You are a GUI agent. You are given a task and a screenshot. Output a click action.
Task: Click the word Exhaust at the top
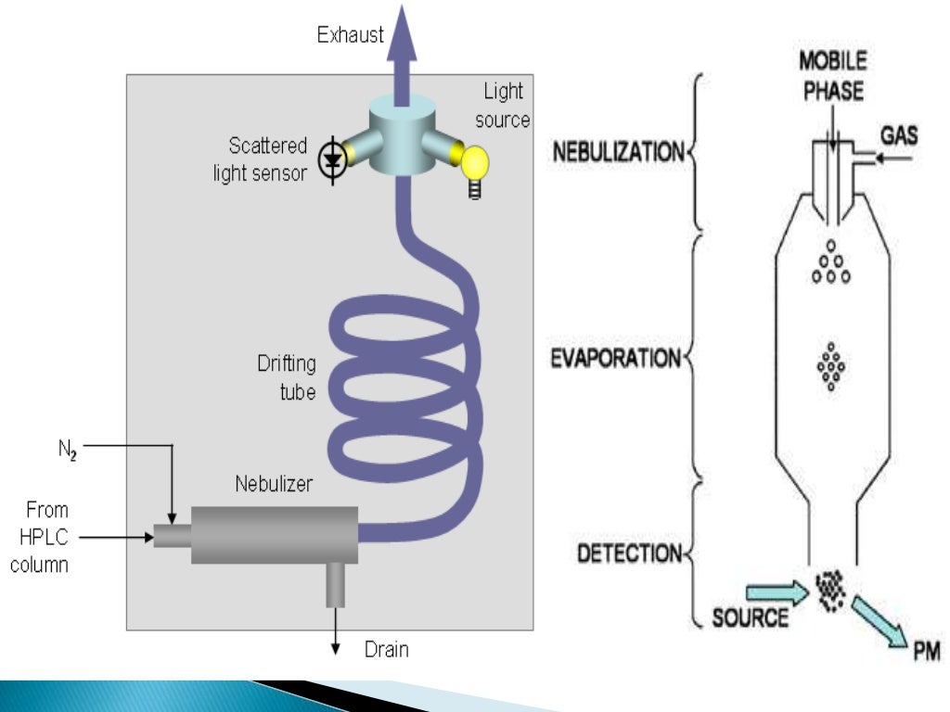click(x=350, y=36)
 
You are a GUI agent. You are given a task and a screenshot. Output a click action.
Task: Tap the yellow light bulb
click(x=475, y=165)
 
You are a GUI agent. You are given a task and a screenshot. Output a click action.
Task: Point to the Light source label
click(x=505, y=106)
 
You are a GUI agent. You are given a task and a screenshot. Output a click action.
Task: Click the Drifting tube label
click(x=286, y=377)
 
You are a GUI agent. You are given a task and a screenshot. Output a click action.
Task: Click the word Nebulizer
click(x=274, y=483)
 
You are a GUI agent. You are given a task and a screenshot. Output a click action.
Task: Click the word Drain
click(x=385, y=649)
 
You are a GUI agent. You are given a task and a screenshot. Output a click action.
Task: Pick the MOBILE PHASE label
click(x=833, y=77)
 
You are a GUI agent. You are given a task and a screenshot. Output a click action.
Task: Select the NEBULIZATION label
click(x=618, y=151)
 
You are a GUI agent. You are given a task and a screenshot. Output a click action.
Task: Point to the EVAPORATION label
click(x=617, y=358)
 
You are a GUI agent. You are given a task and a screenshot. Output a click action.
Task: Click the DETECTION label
click(x=629, y=553)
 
